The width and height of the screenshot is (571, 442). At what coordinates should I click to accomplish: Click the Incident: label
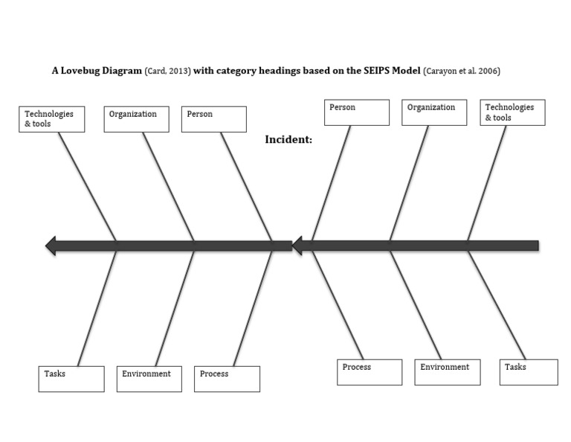click(288, 139)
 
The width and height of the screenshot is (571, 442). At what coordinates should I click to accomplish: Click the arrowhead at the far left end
click(51, 246)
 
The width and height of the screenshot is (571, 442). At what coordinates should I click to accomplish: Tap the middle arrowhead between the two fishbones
click(297, 246)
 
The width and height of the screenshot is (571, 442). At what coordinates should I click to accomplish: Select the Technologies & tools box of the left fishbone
click(51, 119)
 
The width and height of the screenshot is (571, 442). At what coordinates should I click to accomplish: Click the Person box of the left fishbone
click(213, 119)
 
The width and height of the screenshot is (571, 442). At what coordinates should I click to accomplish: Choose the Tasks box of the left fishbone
click(71, 379)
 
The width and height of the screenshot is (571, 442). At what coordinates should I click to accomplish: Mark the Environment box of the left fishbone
click(149, 379)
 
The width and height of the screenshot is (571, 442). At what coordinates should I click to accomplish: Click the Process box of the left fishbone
click(227, 379)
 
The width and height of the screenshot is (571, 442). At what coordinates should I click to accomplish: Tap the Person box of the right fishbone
click(357, 112)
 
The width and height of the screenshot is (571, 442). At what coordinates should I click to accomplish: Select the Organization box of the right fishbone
click(434, 112)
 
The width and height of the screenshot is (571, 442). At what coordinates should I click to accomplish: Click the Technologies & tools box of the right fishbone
click(512, 112)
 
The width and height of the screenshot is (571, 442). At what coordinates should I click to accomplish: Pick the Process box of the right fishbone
click(370, 372)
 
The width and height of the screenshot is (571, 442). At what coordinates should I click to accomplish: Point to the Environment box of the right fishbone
click(447, 372)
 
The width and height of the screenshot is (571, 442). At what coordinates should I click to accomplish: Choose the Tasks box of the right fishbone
click(528, 372)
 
